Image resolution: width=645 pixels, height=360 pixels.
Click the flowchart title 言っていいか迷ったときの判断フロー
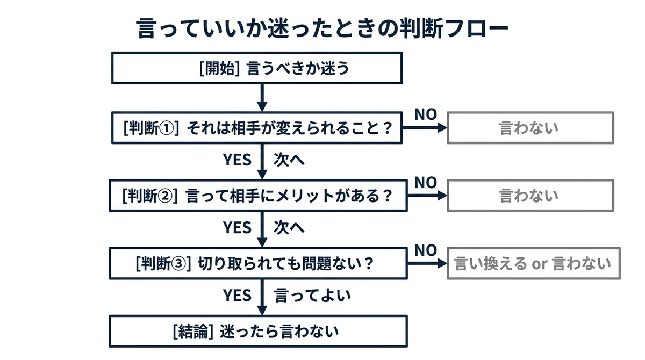pos(322,28)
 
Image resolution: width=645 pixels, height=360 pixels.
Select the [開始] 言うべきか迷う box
pos(257,68)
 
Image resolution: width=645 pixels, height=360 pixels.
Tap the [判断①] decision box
pos(257,128)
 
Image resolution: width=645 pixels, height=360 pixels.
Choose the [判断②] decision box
pos(259,196)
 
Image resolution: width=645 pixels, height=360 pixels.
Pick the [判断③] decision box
pos(259,263)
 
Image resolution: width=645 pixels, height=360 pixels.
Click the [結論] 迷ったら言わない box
pos(259,331)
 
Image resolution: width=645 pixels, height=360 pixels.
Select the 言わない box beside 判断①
pos(531,128)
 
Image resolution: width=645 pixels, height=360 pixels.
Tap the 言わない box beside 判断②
pos(531,196)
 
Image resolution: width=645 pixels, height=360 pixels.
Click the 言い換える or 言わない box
pos(534,263)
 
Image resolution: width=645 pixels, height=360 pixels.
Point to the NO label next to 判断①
pos(426,114)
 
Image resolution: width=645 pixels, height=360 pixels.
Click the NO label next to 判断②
pos(426,183)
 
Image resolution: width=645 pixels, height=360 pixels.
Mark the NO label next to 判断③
pos(426,250)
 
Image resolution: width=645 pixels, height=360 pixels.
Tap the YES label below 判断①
pos(237,160)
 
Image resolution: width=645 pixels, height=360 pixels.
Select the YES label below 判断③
pos(237,295)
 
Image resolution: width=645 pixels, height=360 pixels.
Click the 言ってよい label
pos(312,296)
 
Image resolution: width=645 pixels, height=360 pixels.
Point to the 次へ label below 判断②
pos(289,228)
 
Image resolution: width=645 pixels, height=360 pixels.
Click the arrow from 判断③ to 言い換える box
pos(427,263)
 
